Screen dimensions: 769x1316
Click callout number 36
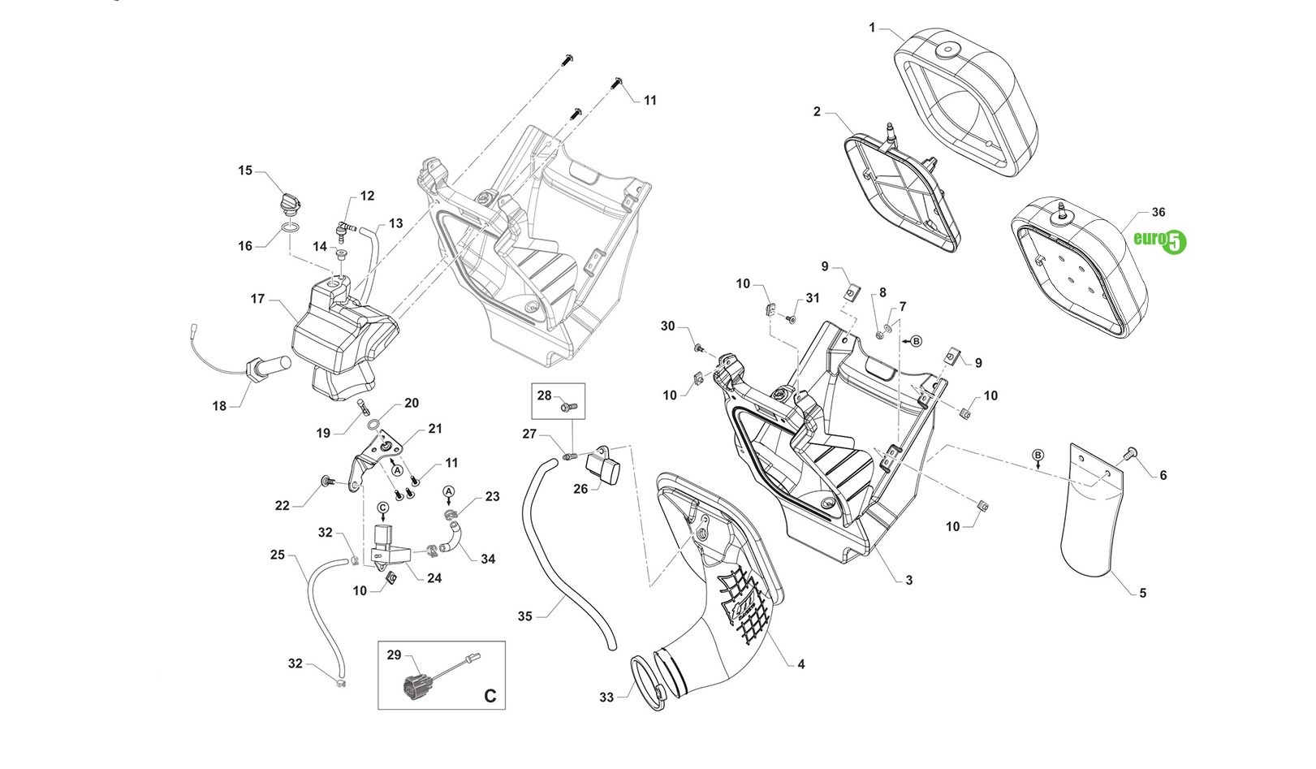tap(1158, 212)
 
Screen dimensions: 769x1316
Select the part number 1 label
tap(872, 28)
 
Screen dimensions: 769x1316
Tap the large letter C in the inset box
tap(490, 696)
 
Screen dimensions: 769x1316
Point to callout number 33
tap(606, 697)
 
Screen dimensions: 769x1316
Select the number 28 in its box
tap(544, 395)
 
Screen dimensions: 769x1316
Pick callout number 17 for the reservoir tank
tap(257, 299)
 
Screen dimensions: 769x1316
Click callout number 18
tap(219, 406)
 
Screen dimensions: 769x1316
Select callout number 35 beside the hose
tap(524, 616)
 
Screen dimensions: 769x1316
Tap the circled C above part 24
tap(383, 508)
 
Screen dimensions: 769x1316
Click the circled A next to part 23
tap(449, 492)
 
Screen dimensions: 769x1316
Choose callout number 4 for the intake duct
tap(800, 664)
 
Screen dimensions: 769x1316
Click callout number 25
tap(277, 555)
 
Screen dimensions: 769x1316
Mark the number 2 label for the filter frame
tap(817, 111)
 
